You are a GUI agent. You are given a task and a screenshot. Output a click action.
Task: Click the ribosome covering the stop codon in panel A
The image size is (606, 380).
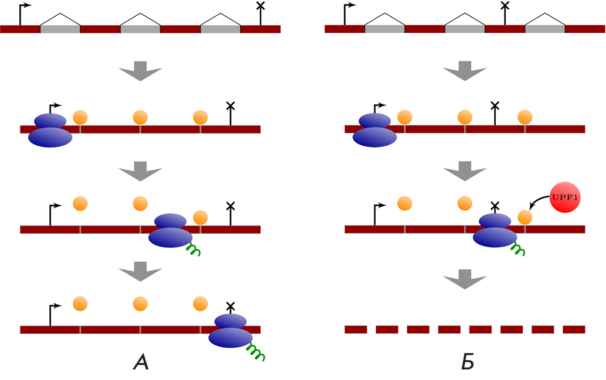pyautogui.click(x=231, y=331)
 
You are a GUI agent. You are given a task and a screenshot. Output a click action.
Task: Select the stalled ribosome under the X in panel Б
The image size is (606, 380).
pyautogui.click(x=495, y=229)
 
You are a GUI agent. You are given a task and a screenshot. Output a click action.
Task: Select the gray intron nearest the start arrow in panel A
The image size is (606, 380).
pyautogui.click(x=60, y=29)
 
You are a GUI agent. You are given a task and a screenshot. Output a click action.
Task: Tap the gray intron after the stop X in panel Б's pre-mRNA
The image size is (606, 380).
pyautogui.click(x=545, y=29)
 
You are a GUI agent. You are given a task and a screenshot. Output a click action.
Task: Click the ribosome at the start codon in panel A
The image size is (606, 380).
pyautogui.click(x=50, y=130)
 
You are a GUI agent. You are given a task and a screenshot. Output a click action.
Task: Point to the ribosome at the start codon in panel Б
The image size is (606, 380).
pyautogui.click(x=375, y=130)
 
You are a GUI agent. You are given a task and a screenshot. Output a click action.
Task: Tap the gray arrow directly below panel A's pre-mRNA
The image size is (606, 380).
pyautogui.click(x=140, y=72)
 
